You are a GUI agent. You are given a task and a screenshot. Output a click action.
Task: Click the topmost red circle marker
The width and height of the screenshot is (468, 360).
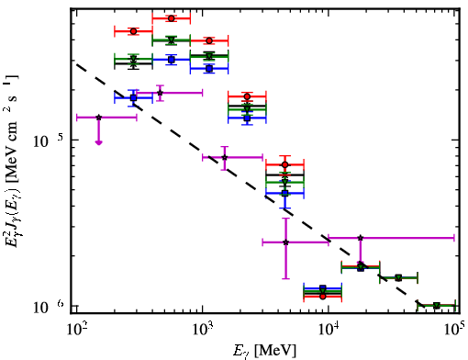[x=172, y=18]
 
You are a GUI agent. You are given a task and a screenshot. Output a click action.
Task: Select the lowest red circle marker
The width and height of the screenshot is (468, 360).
[x=323, y=296]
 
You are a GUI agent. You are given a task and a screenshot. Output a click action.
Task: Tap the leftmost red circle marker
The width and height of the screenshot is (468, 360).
[x=133, y=31]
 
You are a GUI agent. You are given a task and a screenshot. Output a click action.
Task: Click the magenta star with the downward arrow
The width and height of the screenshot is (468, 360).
[x=98, y=118]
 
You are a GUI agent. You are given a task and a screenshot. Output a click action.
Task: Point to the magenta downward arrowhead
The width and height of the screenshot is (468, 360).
[x=98, y=142]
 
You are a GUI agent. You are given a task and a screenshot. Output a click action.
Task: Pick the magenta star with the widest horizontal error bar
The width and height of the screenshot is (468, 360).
[x=361, y=238]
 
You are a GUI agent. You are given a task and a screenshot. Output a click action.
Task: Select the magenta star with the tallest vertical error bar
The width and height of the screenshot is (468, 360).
[x=285, y=242]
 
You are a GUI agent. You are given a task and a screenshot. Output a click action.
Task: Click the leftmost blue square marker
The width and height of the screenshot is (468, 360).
[x=133, y=98]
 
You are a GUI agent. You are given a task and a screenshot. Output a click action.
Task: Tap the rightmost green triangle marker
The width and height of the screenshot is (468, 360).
[x=437, y=306]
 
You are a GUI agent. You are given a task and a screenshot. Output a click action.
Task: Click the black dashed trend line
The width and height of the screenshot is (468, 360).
[x=250, y=185]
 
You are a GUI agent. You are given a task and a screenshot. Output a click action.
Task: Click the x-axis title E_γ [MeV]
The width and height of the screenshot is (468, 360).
[x=264, y=351]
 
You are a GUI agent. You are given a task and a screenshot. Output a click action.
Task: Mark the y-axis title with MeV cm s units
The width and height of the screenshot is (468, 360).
[x=13, y=162]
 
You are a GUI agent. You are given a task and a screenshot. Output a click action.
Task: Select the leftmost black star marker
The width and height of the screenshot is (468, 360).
[x=133, y=63]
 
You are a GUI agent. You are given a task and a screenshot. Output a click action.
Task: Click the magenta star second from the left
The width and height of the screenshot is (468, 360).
[x=160, y=93]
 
